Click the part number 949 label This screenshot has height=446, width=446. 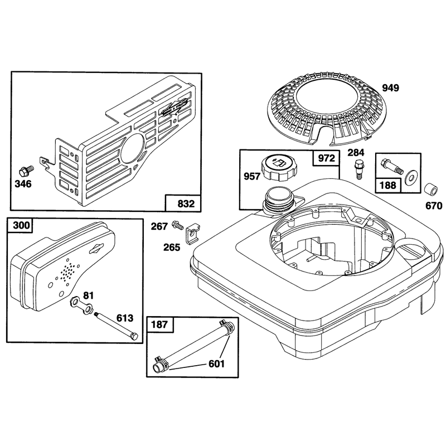(390, 88)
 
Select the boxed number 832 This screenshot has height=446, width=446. (186, 203)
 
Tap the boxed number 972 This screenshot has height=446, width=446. (326, 158)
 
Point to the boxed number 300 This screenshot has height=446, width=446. (22, 225)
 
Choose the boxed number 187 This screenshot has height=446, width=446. (160, 324)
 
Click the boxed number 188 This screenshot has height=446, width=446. (388, 185)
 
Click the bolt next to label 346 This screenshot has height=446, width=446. (26, 172)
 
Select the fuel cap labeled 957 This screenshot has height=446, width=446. (279, 170)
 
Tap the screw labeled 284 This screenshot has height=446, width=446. (358, 169)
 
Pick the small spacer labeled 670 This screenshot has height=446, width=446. (430, 190)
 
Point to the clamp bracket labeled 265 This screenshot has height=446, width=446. (193, 234)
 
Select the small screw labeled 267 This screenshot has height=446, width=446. (177, 226)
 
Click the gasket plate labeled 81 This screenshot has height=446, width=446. (81, 305)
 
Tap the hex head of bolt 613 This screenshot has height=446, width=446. (133, 337)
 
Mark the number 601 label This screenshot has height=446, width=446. (216, 364)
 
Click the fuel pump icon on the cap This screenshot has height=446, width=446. (279, 163)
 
